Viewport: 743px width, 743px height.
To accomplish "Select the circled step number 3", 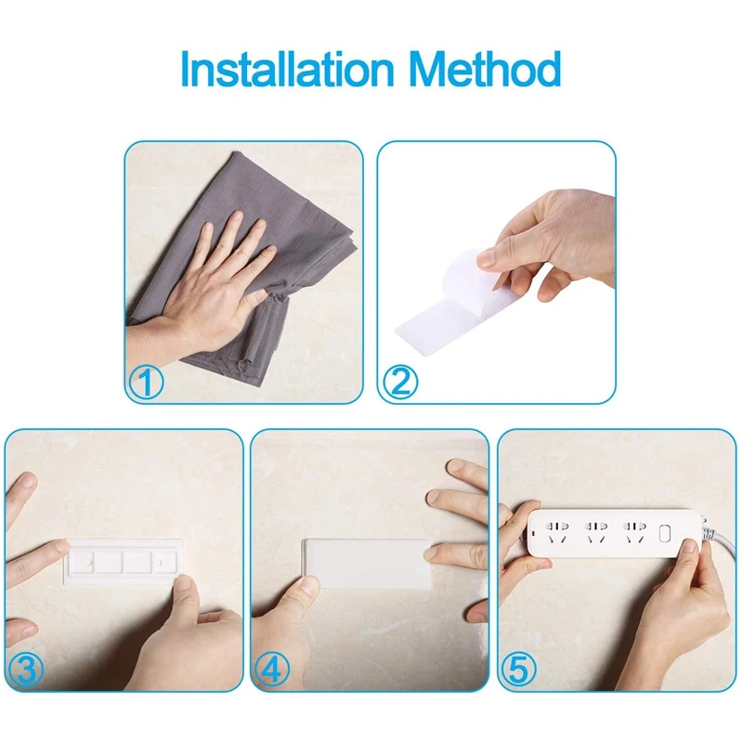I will pos(24,671).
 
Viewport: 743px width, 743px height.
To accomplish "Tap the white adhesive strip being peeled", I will pos(446,306).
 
